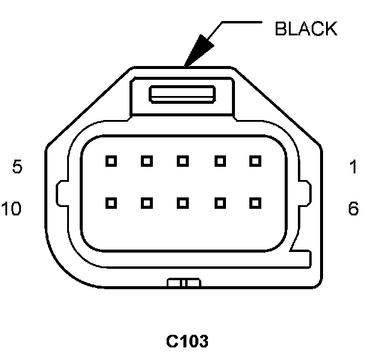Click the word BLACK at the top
(x=306, y=28)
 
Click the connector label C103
(x=188, y=341)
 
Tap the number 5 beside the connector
(x=17, y=167)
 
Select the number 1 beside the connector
(x=354, y=167)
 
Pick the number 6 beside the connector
(x=354, y=209)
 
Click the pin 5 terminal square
(x=110, y=161)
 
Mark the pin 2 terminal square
(x=220, y=161)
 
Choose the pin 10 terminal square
(x=110, y=203)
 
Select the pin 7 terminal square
(x=220, y=203)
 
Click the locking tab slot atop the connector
(x=182, y=94)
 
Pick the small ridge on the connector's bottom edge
(x=183, y=282)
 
